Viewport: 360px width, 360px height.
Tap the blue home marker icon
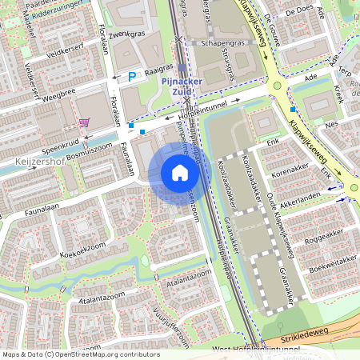[x=180, y=173]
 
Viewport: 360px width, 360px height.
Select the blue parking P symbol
[x=133, y=76]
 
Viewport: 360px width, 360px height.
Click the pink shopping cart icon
[x=84, y=122]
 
